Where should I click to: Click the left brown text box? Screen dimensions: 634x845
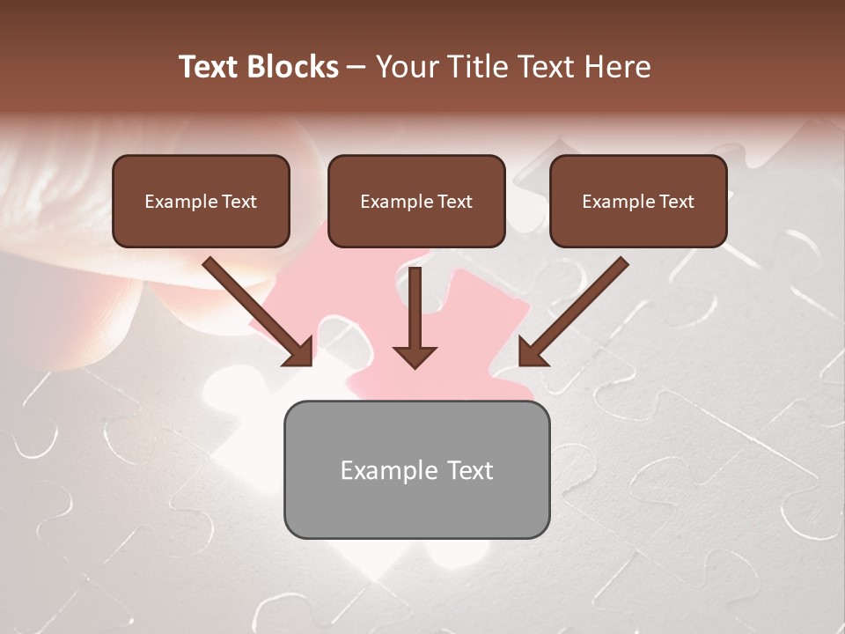tap(201, 201)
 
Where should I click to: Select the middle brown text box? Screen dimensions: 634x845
tap(416, 201)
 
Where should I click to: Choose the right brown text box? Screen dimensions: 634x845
tap(638, 201)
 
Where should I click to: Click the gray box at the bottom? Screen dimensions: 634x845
tap(416, 469)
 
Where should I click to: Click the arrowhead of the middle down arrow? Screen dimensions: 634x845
tap(415, 356)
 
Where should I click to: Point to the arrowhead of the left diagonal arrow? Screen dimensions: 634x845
tap(299, 352)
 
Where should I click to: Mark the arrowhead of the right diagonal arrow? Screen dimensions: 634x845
tap(532, 352)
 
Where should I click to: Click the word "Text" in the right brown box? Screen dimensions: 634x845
tap(676, 202)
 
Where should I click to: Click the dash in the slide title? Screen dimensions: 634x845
tap(356, 67)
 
